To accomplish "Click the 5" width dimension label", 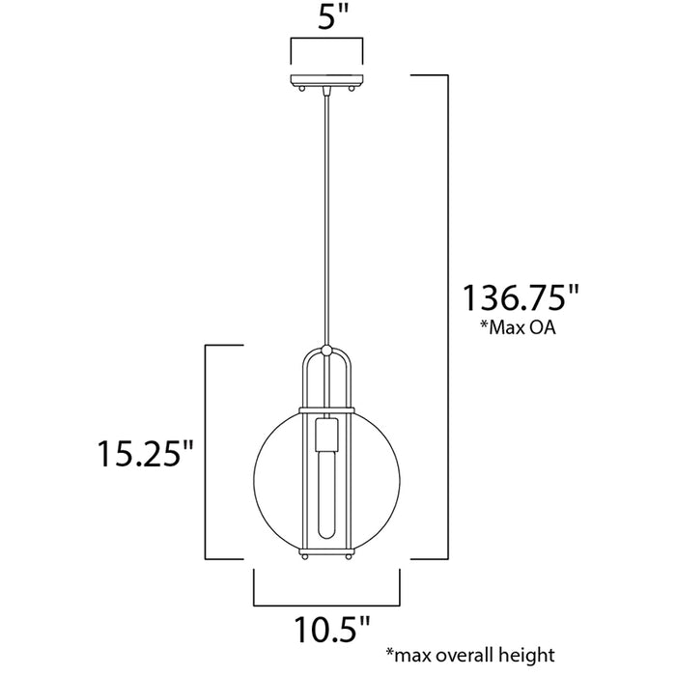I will (327, 16).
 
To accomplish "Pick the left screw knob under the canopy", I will (302, 89).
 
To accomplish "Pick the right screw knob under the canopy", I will (352, 89).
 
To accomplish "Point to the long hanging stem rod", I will (327, 212).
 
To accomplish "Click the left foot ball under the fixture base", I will (304, 557).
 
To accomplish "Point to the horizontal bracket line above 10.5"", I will (327, 605).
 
